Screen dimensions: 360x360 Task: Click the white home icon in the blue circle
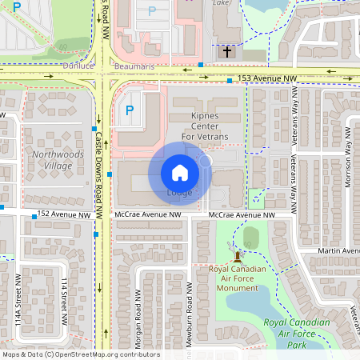(180, 172)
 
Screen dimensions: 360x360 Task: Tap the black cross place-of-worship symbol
(226, 52)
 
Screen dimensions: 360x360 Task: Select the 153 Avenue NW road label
(266, 78)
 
